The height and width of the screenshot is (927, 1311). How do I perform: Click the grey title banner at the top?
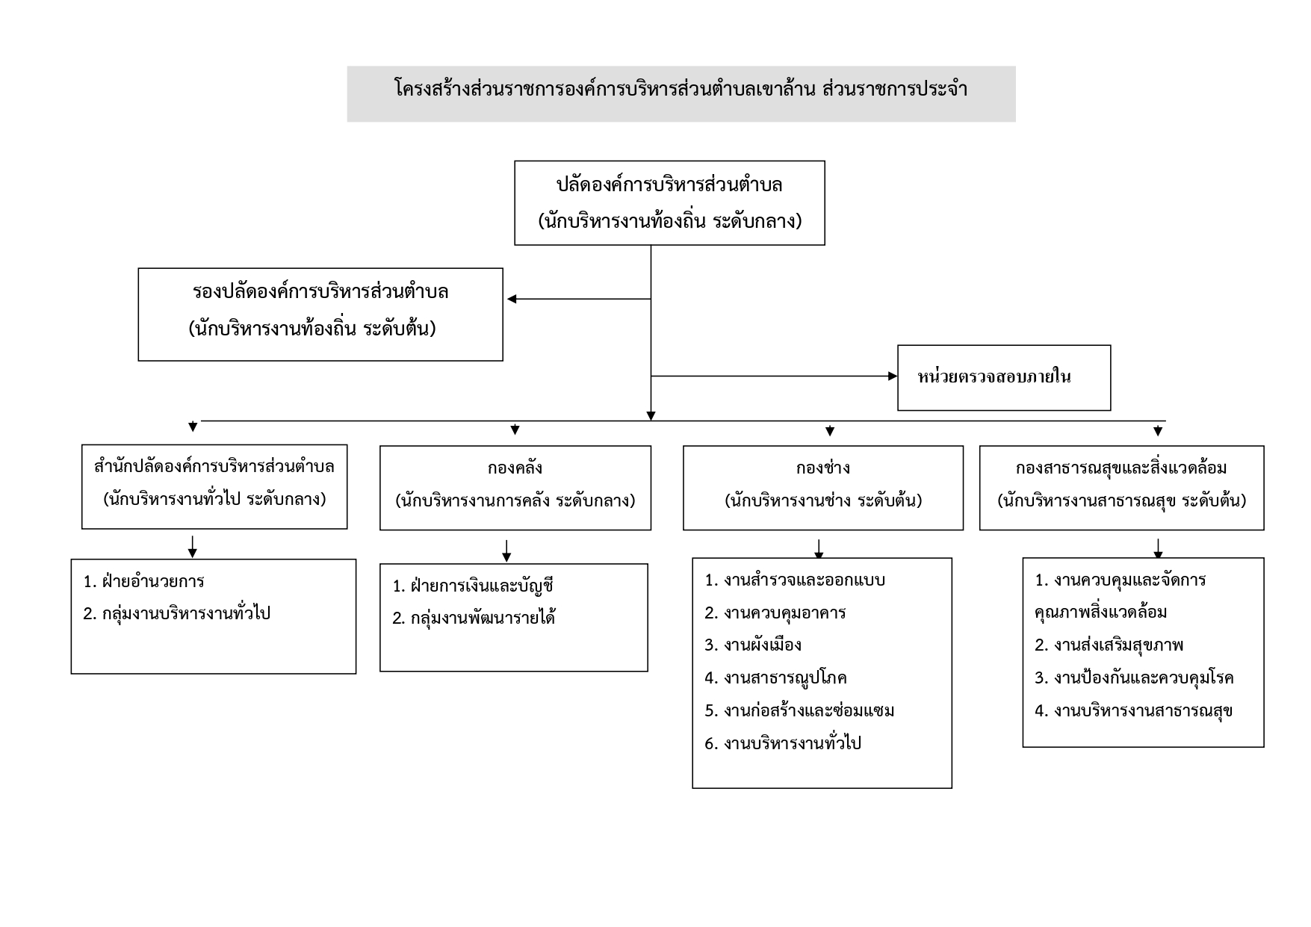pyautogui.click(x=681, y=93)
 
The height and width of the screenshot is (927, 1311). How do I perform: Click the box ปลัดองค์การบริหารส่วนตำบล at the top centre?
pyautogui.click(x=669, y=202)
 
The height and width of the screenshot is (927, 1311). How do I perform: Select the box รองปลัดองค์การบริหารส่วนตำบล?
pyautogui.click(x=320, y=314)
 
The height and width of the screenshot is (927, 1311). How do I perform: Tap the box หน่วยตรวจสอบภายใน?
pyautogui.click(x=1004, y=377)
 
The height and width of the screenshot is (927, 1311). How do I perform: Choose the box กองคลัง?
pyautogui.click(x=515, y=488)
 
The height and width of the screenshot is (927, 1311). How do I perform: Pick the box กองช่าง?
pyautogui.click(x=823, y=488)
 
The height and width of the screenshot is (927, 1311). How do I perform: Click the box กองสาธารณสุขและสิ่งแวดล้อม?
pyautogui.click(x=1122, y=488)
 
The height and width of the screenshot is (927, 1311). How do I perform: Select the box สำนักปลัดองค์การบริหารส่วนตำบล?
pyautogui.click(x=214, y=487)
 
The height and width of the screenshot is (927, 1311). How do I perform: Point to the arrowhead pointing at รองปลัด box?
pyautogui.click(x=512, y=300)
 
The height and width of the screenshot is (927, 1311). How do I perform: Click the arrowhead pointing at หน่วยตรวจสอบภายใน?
pyautogui.click(x=892, y=376)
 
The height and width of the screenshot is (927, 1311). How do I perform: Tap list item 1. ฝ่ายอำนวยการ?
pyautogui.click(x=144, y=581)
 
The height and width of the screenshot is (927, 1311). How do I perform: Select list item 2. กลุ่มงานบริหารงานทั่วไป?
pyautogui.click(x=177, y=613)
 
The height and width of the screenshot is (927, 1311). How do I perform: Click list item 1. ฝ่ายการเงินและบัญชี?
pyautogui.click(x=474, y=586)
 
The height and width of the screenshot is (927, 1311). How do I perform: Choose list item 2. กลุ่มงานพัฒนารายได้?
pyautogui.click(x=474, y=618)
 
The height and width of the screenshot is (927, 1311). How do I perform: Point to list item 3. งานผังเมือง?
pyautogui.click(x=753, y=645)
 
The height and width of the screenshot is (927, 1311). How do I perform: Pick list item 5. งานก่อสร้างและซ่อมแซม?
pyautogui.click(x=799, y=710)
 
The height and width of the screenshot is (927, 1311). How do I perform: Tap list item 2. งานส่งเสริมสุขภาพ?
pyautogui.click(x=1109, y=645)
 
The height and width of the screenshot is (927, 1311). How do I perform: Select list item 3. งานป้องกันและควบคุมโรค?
pyautogui.click(x=1134, y=678)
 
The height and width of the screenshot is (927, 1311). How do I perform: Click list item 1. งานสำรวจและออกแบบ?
pyautogui.click(x=795, y=580)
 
